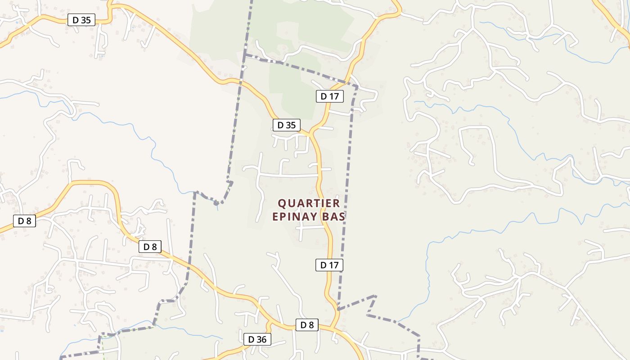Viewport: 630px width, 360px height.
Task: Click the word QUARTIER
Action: click(x=309, y=203)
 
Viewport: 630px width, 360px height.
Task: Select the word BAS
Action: click(x=333, y=216)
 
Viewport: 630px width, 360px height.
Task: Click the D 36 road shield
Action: click(x=257, y=339)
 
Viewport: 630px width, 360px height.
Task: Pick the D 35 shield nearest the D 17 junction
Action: click(x=286, y=125)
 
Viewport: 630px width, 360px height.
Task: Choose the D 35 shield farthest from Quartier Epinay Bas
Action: click(x=81, y=20)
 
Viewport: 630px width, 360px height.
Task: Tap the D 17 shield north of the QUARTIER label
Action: click(x=330, y=96)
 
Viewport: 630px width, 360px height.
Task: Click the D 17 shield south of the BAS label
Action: click(x=329, y=265)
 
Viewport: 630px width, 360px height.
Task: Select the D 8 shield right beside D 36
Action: click(x=307, y=325)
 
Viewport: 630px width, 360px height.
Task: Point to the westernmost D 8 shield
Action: click(x=24, y=221)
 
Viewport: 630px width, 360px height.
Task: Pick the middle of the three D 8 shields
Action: click(x=150, y=247)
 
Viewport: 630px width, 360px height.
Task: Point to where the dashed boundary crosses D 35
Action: click(x=240, y=81)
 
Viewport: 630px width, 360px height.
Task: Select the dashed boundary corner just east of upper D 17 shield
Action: click(x=357, y=86)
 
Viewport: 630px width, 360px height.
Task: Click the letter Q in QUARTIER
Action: click(x=282, y=203)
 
